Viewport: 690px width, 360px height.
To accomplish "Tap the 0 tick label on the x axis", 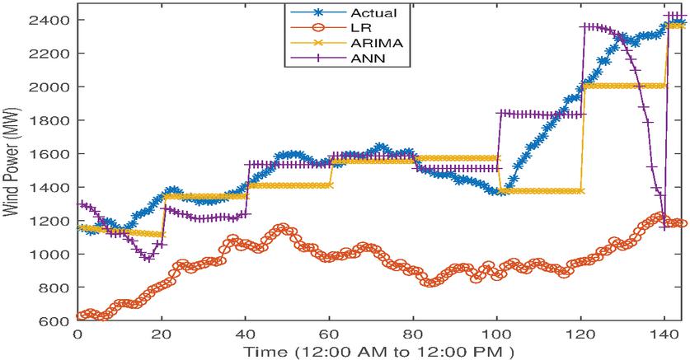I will click(77, 335).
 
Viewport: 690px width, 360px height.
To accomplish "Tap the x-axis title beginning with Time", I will click(379, 352).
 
